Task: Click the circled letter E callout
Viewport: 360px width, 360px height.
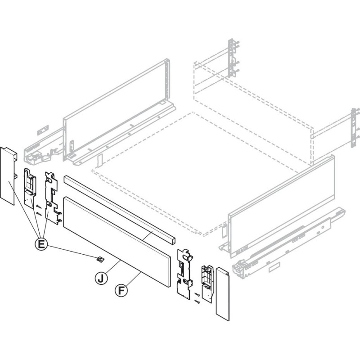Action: [x=41, y=243]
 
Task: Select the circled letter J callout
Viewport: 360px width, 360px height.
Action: [x=101, y=278]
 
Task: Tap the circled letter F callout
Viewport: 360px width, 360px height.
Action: [x=121, y=290]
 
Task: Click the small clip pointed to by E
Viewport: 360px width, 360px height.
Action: [x=100, y=260]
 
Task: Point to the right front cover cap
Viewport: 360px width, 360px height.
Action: [x=223, y=294]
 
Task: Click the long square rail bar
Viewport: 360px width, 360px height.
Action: [x=120, y=210]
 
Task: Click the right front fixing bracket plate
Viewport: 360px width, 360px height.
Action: [x=184, y=274]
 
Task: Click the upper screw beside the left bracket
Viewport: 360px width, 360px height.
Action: [x=39, y=207]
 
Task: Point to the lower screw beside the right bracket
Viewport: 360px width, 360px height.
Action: [x=197, y=301]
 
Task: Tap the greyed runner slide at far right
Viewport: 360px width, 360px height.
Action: [x=289, y=242]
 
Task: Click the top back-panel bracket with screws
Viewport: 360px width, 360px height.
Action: [x=233, y=58]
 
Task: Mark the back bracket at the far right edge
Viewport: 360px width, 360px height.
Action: [x=355, y=127]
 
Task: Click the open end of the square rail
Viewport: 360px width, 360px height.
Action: [x=173, y=241]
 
